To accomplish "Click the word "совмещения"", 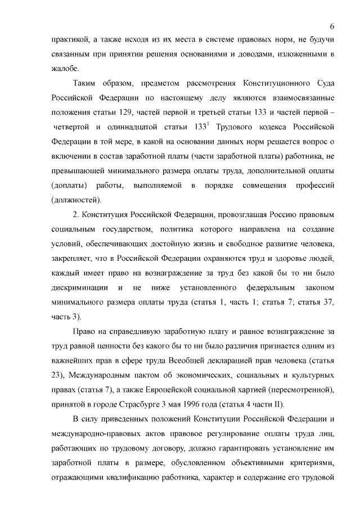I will coord(255,186).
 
